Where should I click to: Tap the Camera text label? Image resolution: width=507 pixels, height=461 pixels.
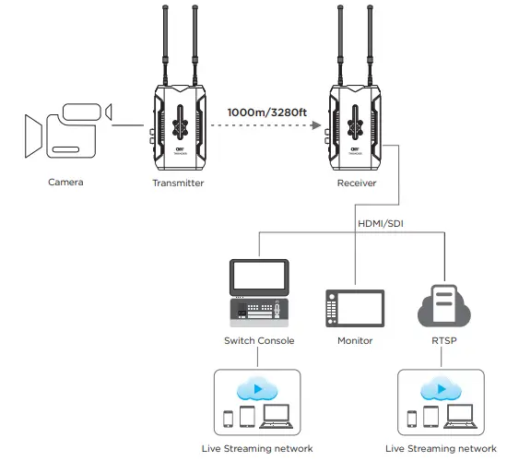point(65,183)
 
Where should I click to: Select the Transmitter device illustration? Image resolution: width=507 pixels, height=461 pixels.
point(178,124)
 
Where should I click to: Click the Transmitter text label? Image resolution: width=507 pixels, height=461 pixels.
point(178,183)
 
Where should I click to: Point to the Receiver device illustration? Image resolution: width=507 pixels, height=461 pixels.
point(355,124)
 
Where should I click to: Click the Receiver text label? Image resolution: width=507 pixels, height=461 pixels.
point(355,183)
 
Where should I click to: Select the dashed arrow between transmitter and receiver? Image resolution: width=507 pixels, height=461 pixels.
point(266,129)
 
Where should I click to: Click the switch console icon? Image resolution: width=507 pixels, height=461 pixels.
point(258,292)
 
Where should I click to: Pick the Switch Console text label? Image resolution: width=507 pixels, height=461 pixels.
point(259,341)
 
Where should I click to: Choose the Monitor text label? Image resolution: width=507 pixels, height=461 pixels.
point(355,341)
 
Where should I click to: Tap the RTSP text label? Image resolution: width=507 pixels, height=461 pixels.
point(445,341)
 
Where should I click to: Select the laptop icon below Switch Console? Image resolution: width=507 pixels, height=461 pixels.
point(277,418)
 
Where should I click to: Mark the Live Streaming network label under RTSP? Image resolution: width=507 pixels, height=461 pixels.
point(442,449)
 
